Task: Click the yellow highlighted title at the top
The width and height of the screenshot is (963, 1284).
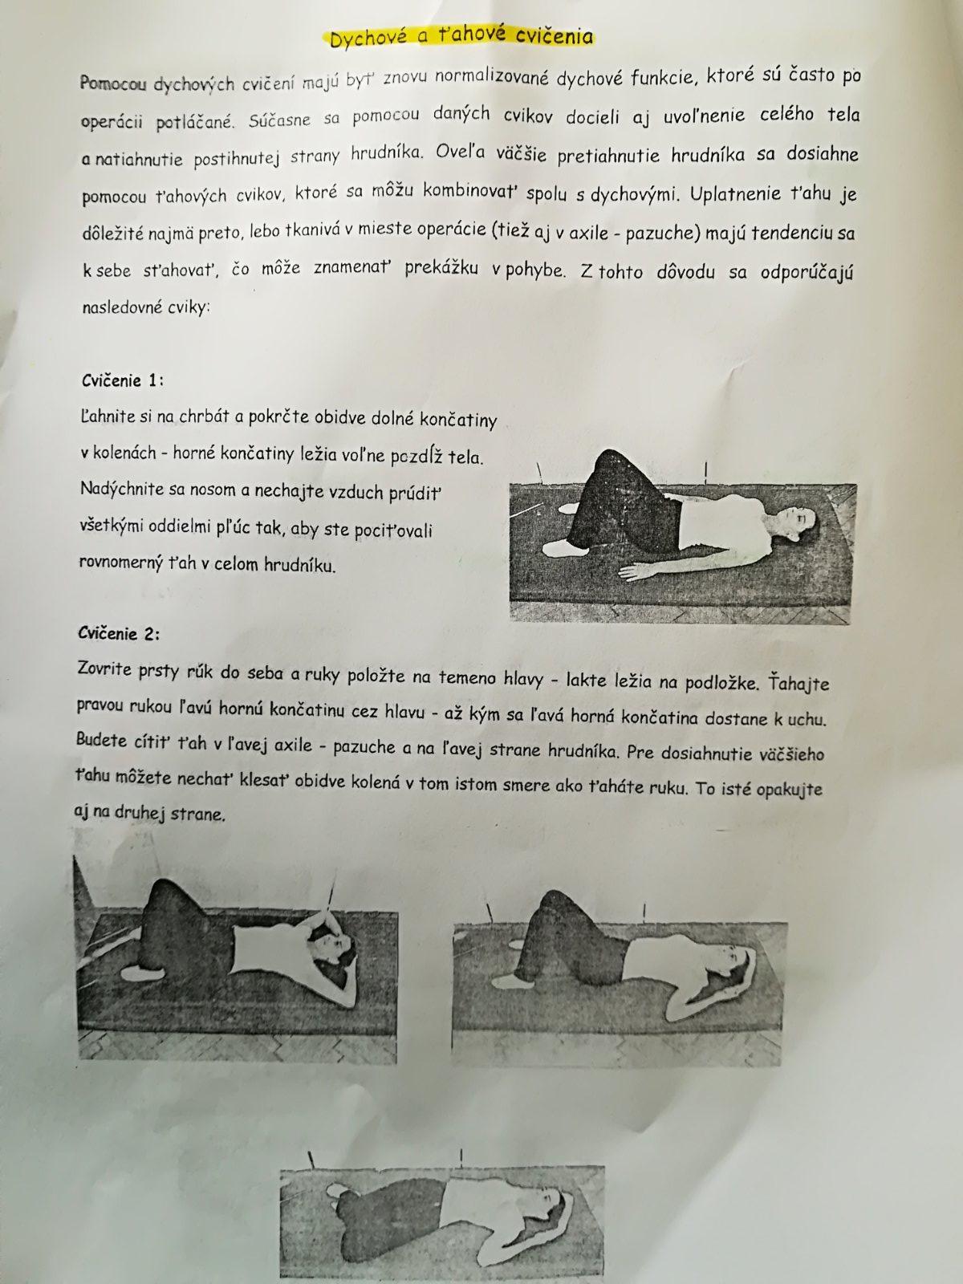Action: coord(461,36)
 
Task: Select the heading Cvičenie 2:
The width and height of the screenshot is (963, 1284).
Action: coord(119,633)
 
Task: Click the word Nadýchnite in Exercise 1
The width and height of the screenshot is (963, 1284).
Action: coord(123,489)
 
